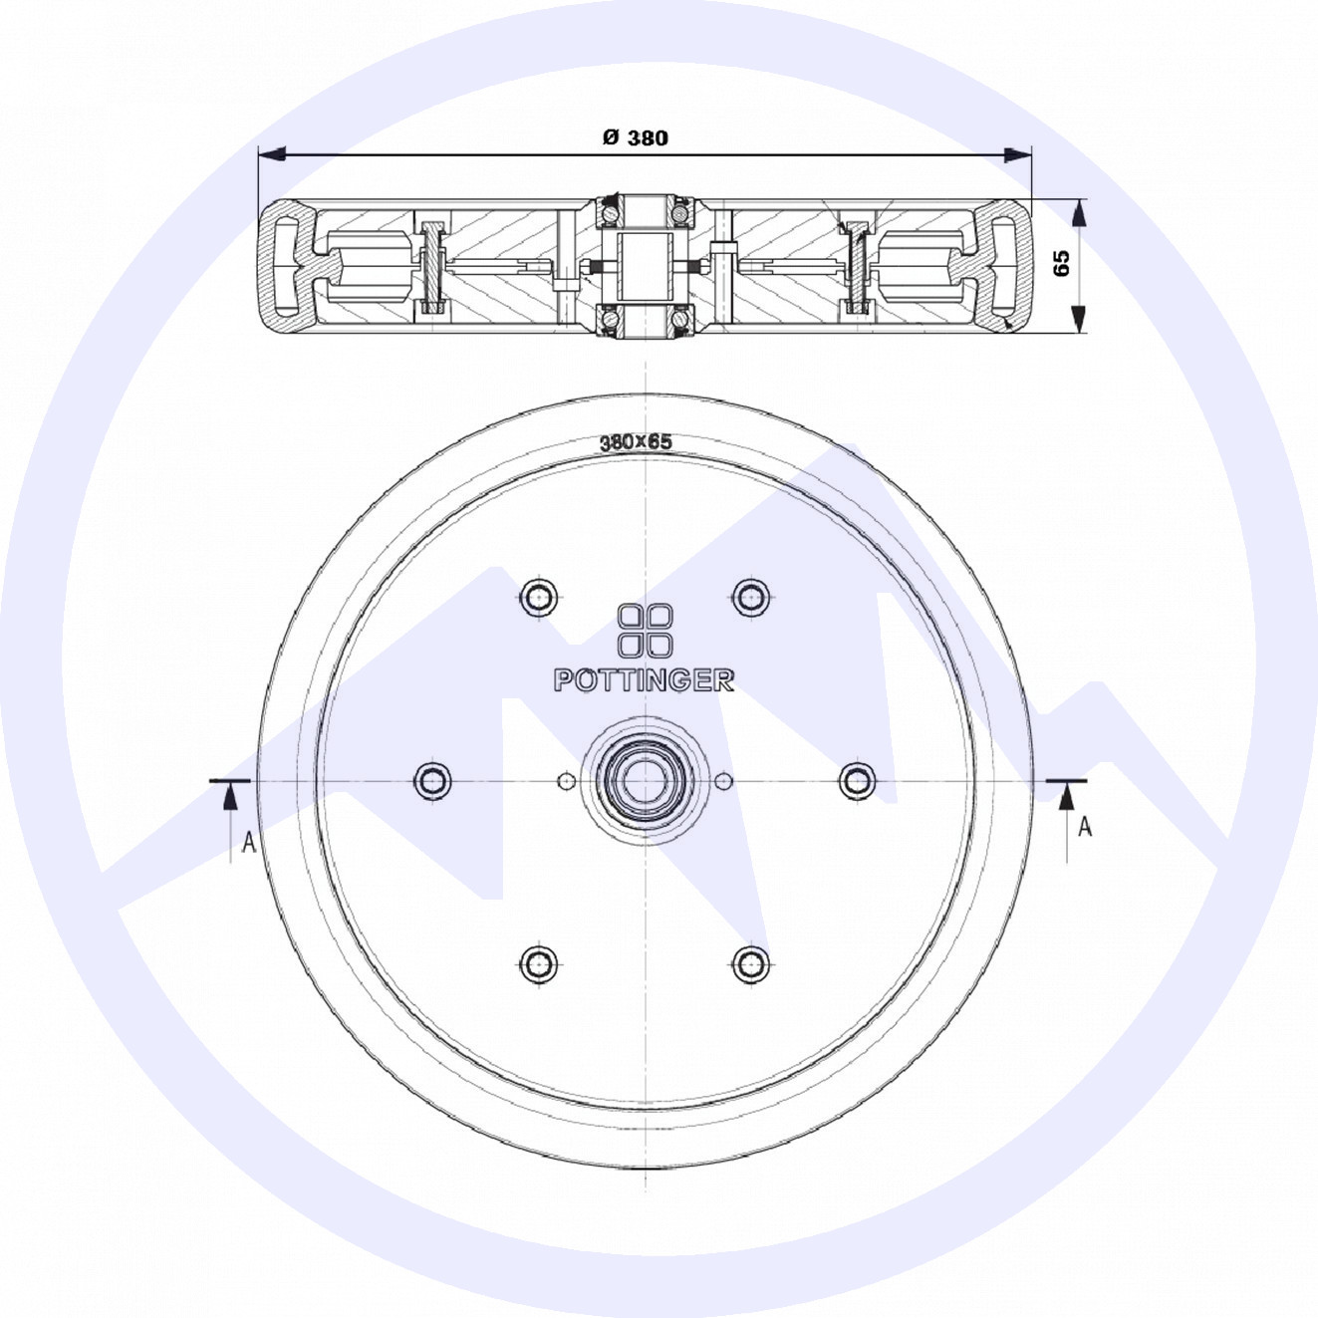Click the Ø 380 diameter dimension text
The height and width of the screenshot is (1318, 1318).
(x=635, y=138)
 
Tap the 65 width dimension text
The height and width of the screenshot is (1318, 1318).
(x=1061, y=263)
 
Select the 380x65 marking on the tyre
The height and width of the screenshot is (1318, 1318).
(x=637, y=442)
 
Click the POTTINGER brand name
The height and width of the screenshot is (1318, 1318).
(x=644, y=680)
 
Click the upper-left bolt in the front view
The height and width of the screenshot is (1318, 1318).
(x=538, y=597)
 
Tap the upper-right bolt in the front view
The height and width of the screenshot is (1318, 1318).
(x=751, y=597)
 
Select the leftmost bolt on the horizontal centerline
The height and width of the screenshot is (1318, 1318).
(x=433, y=780)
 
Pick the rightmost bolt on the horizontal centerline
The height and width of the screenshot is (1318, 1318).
(x=857, y=780)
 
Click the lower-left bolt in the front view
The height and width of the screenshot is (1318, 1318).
(x=538, y=963)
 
